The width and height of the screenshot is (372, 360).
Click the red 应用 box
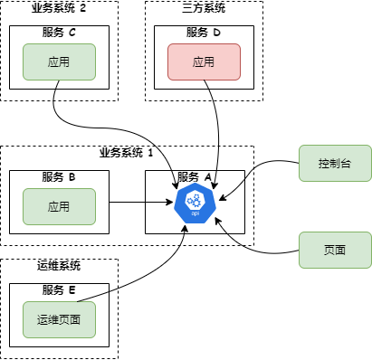[x=204, y=62]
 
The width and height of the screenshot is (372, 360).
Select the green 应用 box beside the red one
[x=59, y=62]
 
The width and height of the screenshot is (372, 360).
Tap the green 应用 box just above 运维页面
[x=59, y=206]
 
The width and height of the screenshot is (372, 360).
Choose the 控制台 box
[x=335, y=163]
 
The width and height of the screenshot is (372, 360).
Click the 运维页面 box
[x=59, y=319]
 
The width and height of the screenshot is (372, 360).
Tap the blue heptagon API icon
[x=195, y=203]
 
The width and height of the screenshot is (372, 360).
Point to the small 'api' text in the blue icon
[x=195, y=215]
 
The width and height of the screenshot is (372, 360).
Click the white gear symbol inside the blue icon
[x=195, y=199]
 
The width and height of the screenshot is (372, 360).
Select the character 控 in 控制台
[x=324, y=164]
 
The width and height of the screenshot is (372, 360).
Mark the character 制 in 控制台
[x=335, y=164]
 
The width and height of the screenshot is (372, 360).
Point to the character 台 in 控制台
[x=346, y=164]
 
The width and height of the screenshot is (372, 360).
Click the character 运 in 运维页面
[x=43, y=320]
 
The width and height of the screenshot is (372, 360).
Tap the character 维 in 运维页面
[x=53, y=320]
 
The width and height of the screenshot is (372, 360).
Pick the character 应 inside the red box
[x=198, y=62]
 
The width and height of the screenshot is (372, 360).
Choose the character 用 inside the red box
[x=209, y=62]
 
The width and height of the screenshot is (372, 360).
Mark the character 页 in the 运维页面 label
[x=64, y=320]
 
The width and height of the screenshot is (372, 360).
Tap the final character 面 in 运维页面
[x=75, y=320]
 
